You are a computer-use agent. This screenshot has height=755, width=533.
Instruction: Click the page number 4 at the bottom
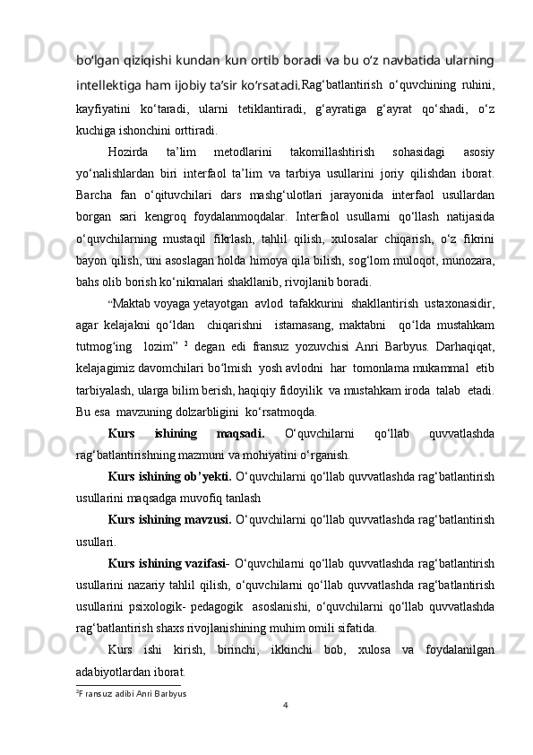[x=284, y=704]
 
